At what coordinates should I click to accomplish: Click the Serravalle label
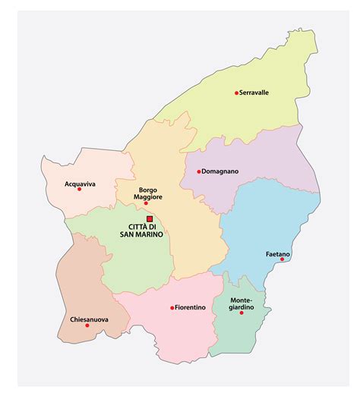255,93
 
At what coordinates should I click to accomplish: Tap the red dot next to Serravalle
236,93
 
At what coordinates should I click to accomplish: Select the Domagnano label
221,171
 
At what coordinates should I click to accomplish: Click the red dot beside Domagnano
199,171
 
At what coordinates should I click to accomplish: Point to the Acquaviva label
80,184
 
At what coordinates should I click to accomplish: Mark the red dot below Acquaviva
79,189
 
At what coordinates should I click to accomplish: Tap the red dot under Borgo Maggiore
146,203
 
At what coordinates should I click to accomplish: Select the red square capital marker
149,219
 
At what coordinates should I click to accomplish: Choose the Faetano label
276,253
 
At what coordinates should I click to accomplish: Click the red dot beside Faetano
282,259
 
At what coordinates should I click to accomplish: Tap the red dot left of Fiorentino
172,307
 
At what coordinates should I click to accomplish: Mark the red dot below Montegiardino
241,313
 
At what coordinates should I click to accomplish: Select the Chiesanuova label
88,319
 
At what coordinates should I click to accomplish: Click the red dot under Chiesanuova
87,325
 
